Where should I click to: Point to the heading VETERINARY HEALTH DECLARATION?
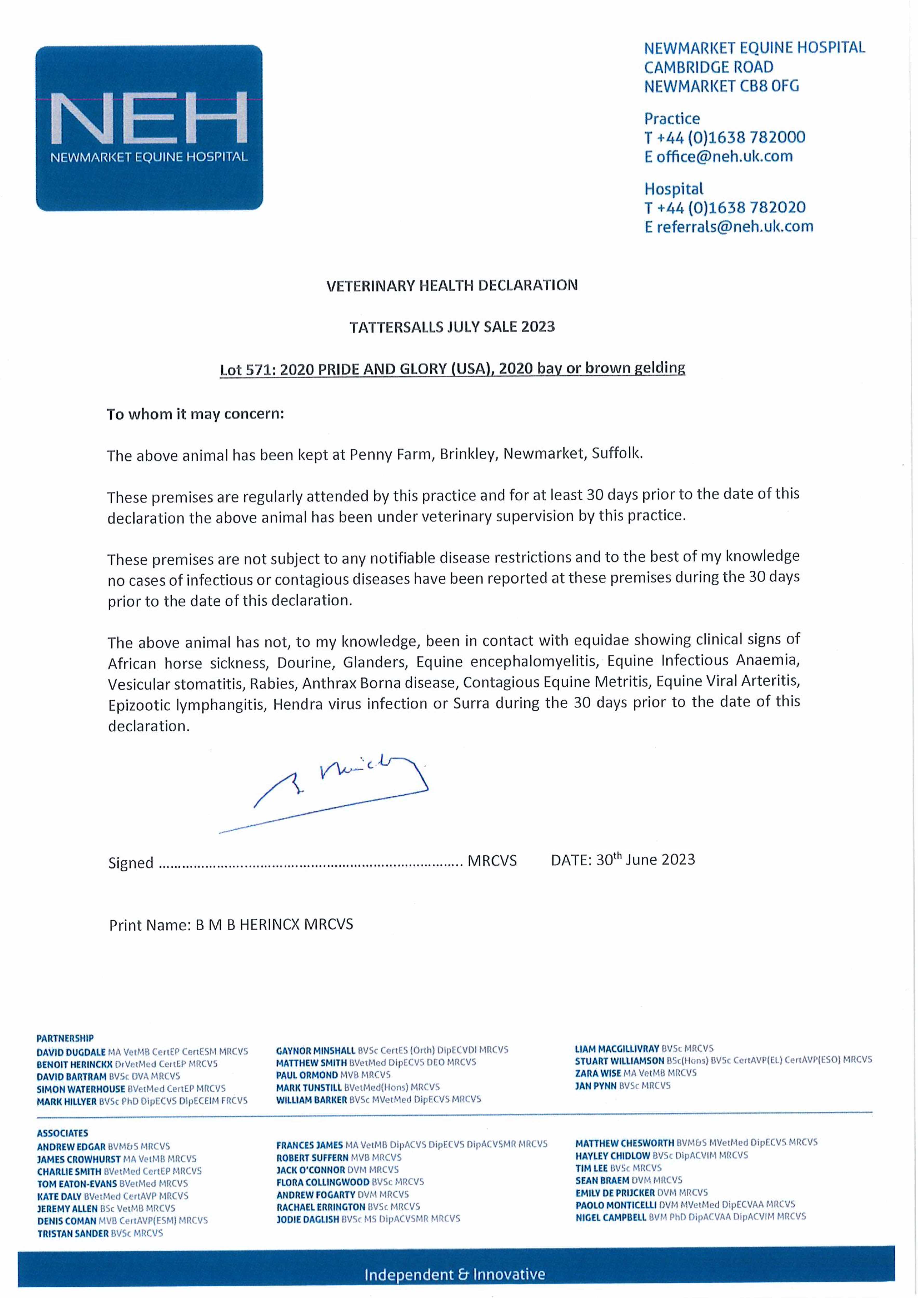452,286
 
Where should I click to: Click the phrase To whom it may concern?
195,414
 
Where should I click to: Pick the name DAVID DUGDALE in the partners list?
71,1052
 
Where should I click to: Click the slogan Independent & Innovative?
455,1274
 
